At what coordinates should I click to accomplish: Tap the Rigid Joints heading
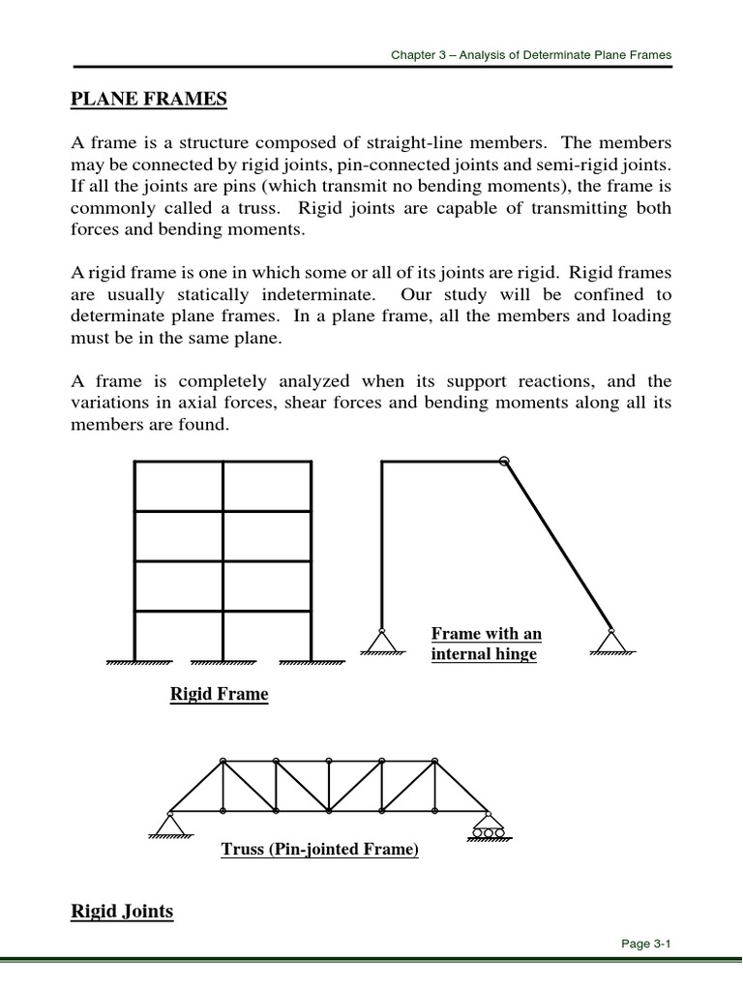(x=122, y=911)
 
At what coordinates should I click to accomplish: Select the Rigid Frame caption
(x=219, y=694)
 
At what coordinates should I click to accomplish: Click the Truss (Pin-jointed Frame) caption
(x=319, y=850)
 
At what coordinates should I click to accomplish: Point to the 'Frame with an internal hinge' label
(x=486, y=644)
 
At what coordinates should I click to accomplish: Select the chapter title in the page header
(x=530, y=55)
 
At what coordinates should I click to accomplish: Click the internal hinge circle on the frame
(x=503, y=463)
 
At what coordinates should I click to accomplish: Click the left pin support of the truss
(x=170, y=823)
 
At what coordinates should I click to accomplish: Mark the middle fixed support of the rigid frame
(x=223, y=663)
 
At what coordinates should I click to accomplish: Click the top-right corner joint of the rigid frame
(x=311, y=464)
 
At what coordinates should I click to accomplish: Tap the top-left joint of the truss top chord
(x=223, y=760)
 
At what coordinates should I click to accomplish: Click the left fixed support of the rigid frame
(x=136, y=663)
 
